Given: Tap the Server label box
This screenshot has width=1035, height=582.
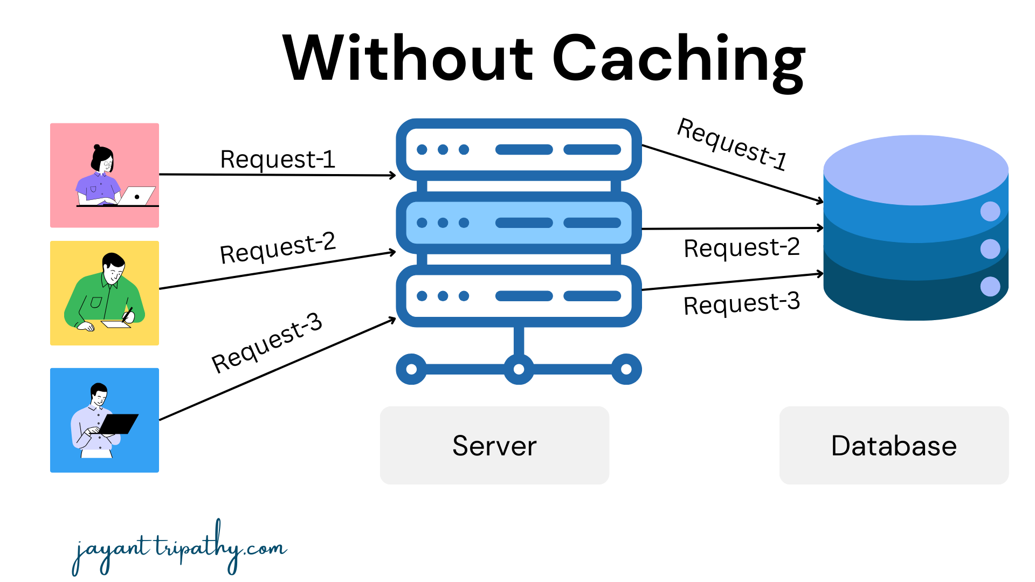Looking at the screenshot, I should coord(494,446).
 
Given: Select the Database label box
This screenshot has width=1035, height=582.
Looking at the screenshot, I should coord(894,446).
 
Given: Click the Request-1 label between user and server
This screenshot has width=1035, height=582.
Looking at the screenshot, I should coord(278,160).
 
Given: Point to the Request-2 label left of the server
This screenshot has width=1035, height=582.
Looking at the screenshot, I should coord(278,248).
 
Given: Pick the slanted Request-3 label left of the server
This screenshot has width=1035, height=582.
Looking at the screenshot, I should coord(267,343).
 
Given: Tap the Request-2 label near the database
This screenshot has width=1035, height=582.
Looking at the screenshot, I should coord(741,248).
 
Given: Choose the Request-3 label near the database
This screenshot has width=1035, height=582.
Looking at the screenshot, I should coord(741,304).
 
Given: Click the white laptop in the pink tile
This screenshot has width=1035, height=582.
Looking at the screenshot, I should coord(137,196).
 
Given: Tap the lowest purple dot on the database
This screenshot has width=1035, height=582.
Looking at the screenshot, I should coord(990,287).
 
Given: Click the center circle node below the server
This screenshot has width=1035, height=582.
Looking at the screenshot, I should coord(519,369).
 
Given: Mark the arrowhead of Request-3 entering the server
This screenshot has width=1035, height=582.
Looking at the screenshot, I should coord(394,320).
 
